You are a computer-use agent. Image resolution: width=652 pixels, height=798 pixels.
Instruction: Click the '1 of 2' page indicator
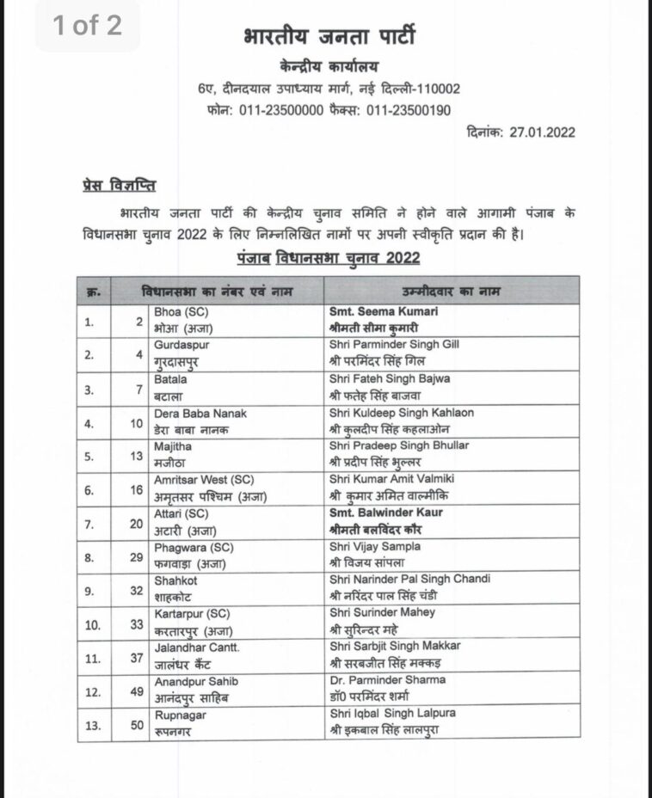(x=87, y=26)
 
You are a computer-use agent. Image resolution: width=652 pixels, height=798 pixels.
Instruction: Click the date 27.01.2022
(x=542, y=132)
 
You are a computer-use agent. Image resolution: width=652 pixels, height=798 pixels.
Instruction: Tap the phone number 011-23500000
(x=280, y=110)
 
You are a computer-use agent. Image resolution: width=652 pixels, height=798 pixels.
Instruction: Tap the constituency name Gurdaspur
(x=181, y=345)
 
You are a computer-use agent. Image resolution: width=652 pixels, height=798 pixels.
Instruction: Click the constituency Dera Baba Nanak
(x=200, y=413)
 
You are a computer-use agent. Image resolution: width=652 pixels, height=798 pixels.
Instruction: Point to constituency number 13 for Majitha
(x=135, y=456)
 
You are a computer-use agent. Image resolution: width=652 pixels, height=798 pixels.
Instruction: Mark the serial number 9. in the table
(x=90, y=591)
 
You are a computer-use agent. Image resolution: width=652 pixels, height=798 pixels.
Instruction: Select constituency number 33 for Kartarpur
(x=135, y=624)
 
